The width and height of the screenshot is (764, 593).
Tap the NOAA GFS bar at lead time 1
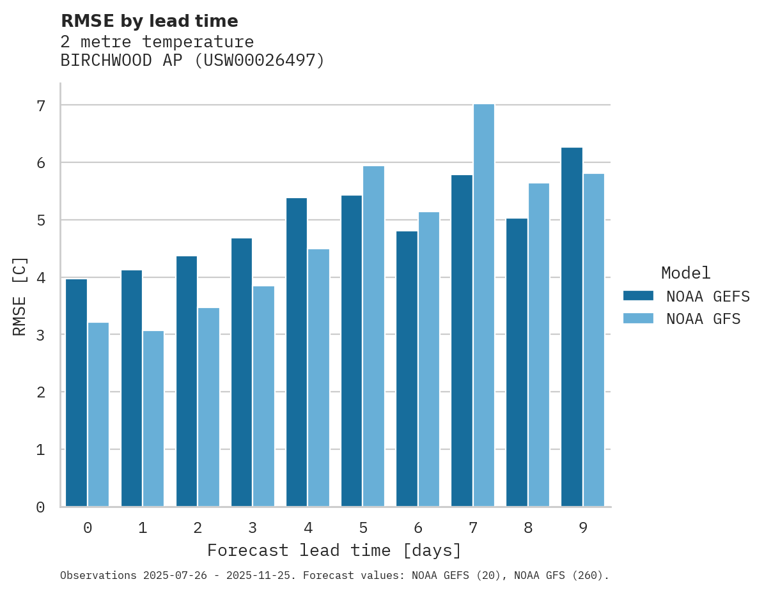pos(153,419)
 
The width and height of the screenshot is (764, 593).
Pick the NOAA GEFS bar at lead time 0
pos(76,393)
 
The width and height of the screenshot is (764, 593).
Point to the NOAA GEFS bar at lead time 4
pos(297,352)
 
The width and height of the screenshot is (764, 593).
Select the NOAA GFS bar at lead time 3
pos(263,396)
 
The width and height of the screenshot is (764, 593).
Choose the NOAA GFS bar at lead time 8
pos(539,345)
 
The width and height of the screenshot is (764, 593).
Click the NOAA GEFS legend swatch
pos(638,296)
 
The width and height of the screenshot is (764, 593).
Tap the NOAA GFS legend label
pos(703,319)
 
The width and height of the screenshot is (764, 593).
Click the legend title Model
pos(685,273)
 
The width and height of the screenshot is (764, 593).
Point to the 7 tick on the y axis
pos(40,105)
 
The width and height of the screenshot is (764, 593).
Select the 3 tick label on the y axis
pos(40,335)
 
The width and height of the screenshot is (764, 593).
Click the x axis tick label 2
pos(198,528)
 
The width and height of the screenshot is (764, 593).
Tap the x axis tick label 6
pos(418,528)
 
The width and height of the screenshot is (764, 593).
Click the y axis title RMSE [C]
pos(20,296)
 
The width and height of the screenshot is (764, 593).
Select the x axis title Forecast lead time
pos(334,550)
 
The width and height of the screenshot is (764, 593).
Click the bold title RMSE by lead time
pos(149,21)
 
